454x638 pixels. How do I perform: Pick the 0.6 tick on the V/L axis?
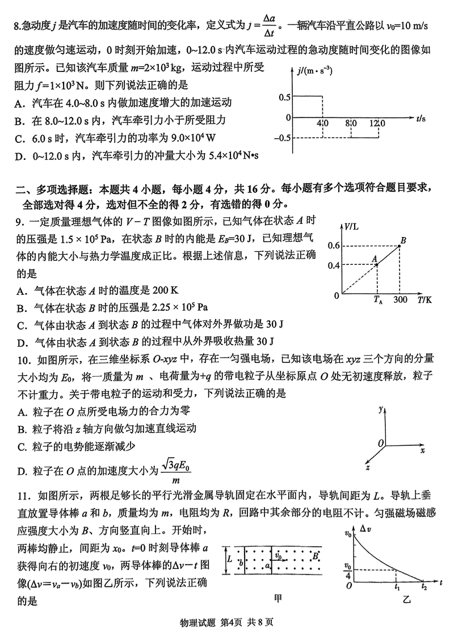pos(333,245)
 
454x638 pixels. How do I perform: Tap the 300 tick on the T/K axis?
pos(401,300)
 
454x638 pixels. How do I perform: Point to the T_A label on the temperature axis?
pos(379,301)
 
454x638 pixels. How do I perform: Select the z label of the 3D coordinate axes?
pos(368,468)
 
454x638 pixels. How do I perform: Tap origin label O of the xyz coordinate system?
pos(381,442)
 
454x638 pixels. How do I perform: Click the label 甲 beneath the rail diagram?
pos(278,597)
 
